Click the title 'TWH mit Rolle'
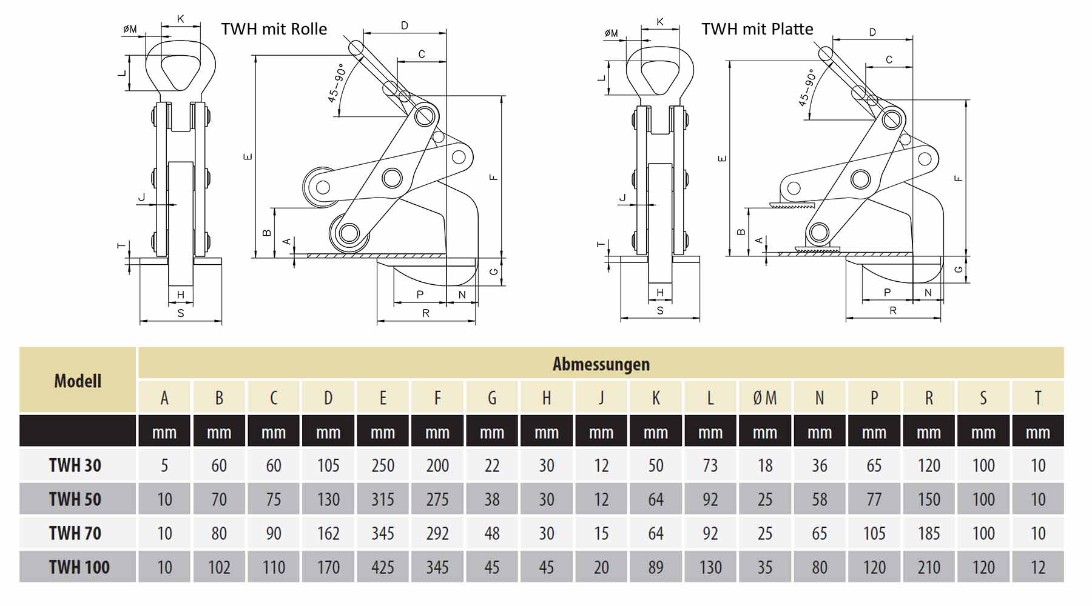274,29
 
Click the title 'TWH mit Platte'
757,29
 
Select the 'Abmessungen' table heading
601,364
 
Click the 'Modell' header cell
78,381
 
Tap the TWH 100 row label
79,567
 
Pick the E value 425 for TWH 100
383,567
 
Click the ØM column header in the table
764,398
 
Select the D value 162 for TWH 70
328,533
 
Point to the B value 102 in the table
219,567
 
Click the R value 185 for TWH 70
929,533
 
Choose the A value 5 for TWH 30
164,465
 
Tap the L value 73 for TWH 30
710,465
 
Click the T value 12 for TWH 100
1038,567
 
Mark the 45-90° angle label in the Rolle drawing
337,83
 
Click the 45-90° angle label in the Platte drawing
807,88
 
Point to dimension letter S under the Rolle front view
181,313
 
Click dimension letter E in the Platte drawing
722,159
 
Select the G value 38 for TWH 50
492,499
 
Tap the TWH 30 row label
75,465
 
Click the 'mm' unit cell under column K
656,433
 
